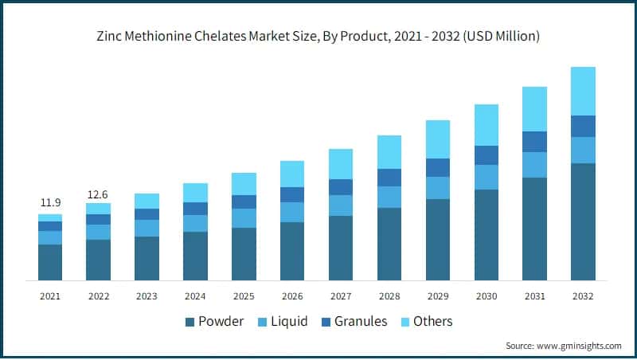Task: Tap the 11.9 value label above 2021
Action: tap(50, 203)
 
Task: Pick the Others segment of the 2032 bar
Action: tap(583, 91)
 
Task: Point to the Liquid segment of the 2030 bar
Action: tap(486, 177)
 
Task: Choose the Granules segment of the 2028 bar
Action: tap(389, 178)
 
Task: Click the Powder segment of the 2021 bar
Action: tap(50, 262)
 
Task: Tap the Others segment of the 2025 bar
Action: tap(244, 184)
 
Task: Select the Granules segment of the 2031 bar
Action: tap(534, 142)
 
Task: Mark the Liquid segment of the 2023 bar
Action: tap(147, 228)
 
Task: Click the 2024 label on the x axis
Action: tap(195, 295)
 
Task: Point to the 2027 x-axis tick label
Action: tap(341, 295)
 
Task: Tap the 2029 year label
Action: tap(438, 295)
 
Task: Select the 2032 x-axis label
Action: tap(583, 295)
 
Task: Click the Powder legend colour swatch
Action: tap(190, 322)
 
